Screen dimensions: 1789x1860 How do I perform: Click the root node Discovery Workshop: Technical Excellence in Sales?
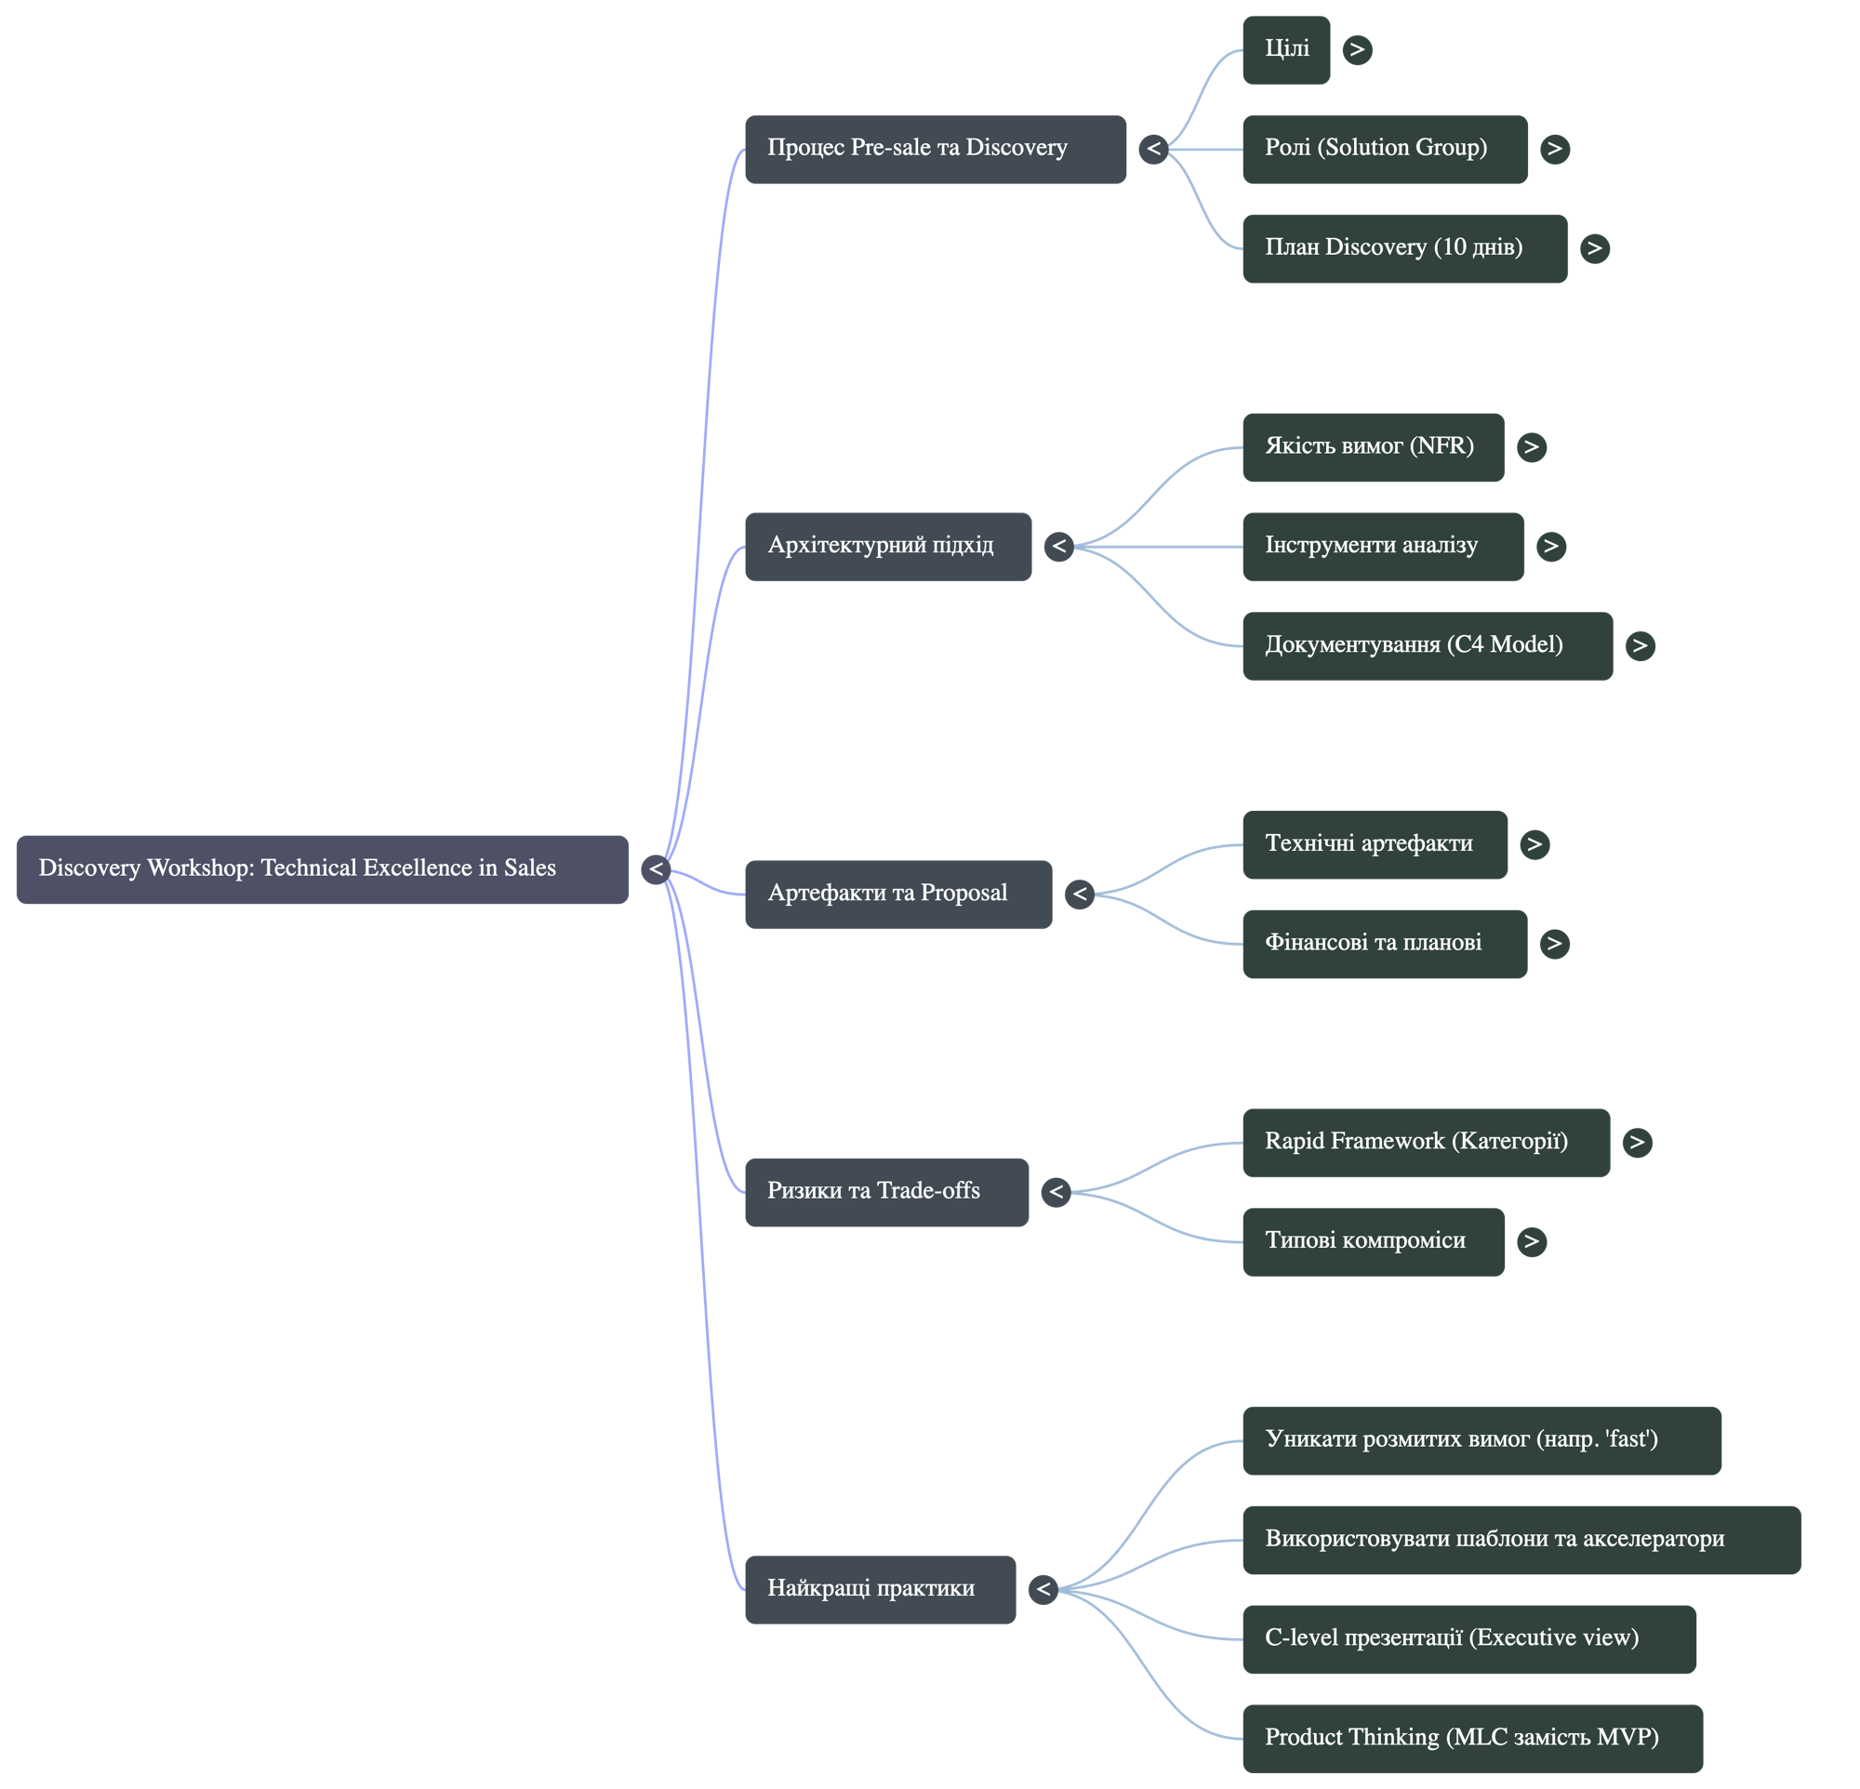click(x=322, y=868)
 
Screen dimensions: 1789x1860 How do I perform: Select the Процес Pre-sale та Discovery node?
click(x=935, y=149)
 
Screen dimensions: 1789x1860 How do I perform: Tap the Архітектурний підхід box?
click(x=887, y=547)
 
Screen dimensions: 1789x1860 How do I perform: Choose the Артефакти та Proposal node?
click(x=897, y=894)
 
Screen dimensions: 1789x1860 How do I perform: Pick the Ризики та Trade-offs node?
click(x=886, y=1191)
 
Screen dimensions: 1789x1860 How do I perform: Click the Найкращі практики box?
click(x=880, y=1589)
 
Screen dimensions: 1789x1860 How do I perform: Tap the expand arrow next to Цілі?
click(x=1357, y=49)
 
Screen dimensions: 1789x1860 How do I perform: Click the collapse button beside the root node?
click(x=656, y=868)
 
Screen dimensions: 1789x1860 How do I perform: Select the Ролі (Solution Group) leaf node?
click(x=1385, y=149)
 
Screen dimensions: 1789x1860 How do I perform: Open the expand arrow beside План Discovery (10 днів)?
click(x=1594, y=248)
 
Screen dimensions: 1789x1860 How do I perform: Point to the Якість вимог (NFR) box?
click(x=1374, y=446)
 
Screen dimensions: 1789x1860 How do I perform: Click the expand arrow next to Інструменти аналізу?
click(x=1550, y=547)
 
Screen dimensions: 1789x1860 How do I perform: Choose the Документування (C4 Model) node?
click(x=1427, y=646)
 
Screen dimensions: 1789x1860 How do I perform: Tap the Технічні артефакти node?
click(x=1375, y=844)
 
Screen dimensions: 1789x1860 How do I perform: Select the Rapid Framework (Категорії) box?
click(x=1426, y=1142)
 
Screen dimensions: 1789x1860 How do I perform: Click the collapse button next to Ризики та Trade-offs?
click(x=1056, y=1191)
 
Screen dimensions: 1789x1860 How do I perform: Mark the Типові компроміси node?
click(x=1374, y=1241)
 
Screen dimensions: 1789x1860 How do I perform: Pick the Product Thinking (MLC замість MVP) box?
click(x=1472, y=1738)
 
